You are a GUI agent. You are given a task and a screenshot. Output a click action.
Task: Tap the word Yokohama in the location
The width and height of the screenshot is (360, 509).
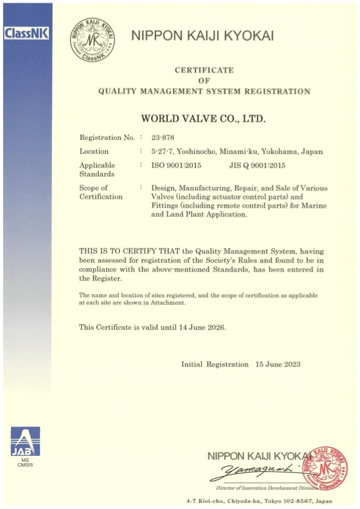(x=277, y=151)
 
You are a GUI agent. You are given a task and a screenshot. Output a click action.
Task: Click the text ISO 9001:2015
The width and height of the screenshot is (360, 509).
(x=176, y=164)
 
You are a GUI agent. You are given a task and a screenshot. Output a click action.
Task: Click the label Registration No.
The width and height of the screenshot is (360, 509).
(x=106, y=137)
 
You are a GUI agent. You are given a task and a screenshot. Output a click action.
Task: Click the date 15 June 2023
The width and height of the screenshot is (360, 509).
(x=278, y=365)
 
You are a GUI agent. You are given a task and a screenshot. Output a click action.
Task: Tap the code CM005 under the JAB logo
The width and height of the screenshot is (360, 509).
(x=25, y=466)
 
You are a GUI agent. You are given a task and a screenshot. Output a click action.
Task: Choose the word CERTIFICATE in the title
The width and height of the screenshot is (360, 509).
(x=204, y=70)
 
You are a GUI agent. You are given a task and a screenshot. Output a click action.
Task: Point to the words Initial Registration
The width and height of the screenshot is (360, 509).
(x=215, y=365)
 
